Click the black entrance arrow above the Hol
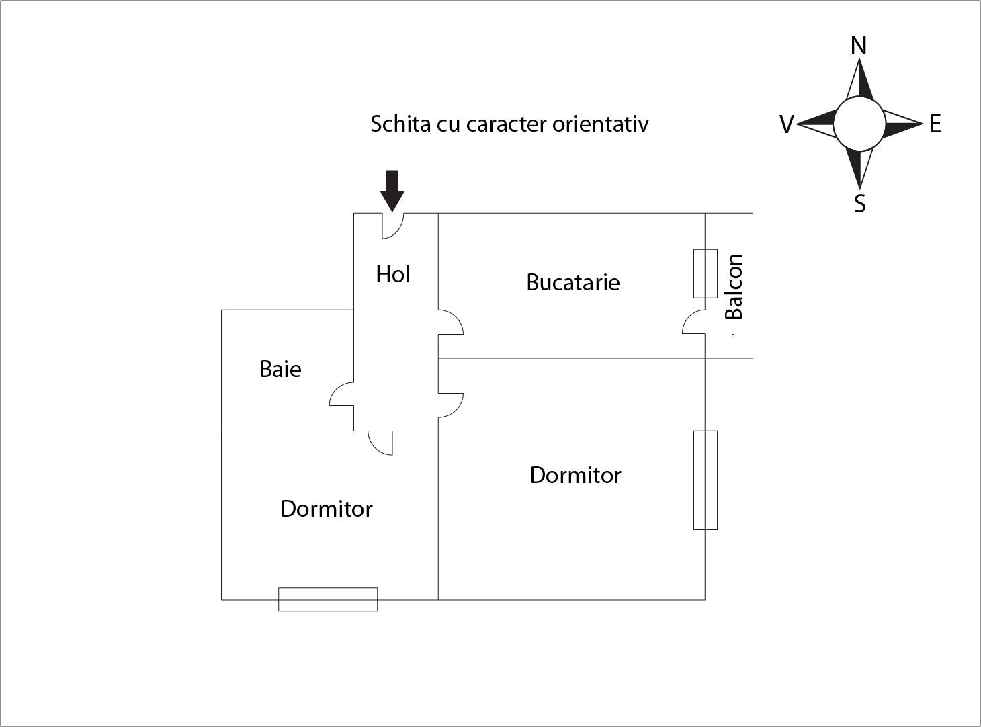click(x=392, y=191)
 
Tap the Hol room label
click(x=393, y=274)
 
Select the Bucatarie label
click(x=573, y=282)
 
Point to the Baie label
click(x=280, y=369)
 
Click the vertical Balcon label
click(x=734, y=287)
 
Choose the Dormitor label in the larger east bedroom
click(x=575, y=475)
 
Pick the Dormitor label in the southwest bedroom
click(x=327, y=509)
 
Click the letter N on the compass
click(x=859, y=46)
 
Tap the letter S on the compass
click(x=860, y=204)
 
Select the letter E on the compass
click(x=935, y=124)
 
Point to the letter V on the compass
click(x=787, y=124)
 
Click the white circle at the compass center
click(x=859, y=124)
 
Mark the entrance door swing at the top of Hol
click(x=393, y=226)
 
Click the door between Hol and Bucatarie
click(x=451, y=322)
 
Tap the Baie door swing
click(x=341, y=393)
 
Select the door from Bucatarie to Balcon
click(x=693, y=322)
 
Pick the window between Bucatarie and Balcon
click(x=706, y=273)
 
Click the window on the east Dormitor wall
click(x=706, y=480)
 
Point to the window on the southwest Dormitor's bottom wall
click(x=328, y=599)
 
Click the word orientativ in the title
click(x=600, y=124)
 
